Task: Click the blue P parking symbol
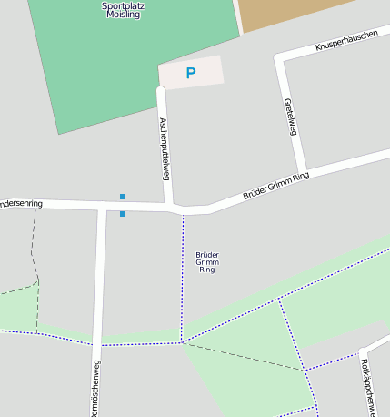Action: coord(190,73)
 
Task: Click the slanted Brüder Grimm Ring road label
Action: coord(276,185)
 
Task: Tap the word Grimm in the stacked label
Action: coord(207,262)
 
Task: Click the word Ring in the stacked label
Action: coord(207,270)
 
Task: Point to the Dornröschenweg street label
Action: coord(95,387)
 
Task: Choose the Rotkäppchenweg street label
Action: coord(368,381)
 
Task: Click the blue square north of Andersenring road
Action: coord(123,196)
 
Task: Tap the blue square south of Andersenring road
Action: coord(123,214)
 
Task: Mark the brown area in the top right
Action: coord(282,11)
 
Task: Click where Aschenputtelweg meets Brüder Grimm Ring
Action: coord(170,207)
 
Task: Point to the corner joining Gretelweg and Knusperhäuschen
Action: coord(280,59)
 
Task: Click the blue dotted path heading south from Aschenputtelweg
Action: coord(183,273)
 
